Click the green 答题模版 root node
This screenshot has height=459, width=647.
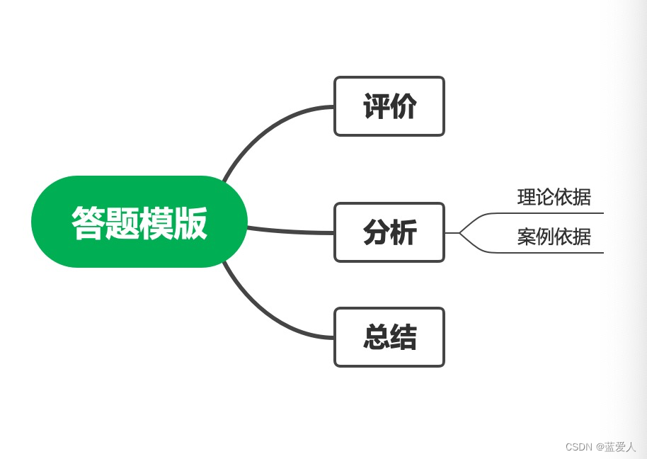[139, 222]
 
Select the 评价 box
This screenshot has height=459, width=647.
[389, 106]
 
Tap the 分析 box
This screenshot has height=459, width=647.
[389, 232]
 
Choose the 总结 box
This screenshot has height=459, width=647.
[389, 337]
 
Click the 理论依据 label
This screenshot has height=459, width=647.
[554, 197]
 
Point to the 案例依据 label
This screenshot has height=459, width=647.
[554, 237]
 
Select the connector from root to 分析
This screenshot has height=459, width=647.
[290, 231]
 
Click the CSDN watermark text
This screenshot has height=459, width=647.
[600, 447]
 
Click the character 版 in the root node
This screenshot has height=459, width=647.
[190, 222]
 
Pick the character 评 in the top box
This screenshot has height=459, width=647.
[376, 106]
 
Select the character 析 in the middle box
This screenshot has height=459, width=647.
[403, 232]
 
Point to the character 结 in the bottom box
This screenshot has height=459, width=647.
[403, 337]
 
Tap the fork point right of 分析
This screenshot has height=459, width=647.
[459, 232]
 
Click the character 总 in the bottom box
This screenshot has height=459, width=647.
[376, 337]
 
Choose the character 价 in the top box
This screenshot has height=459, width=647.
[403, 106]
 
